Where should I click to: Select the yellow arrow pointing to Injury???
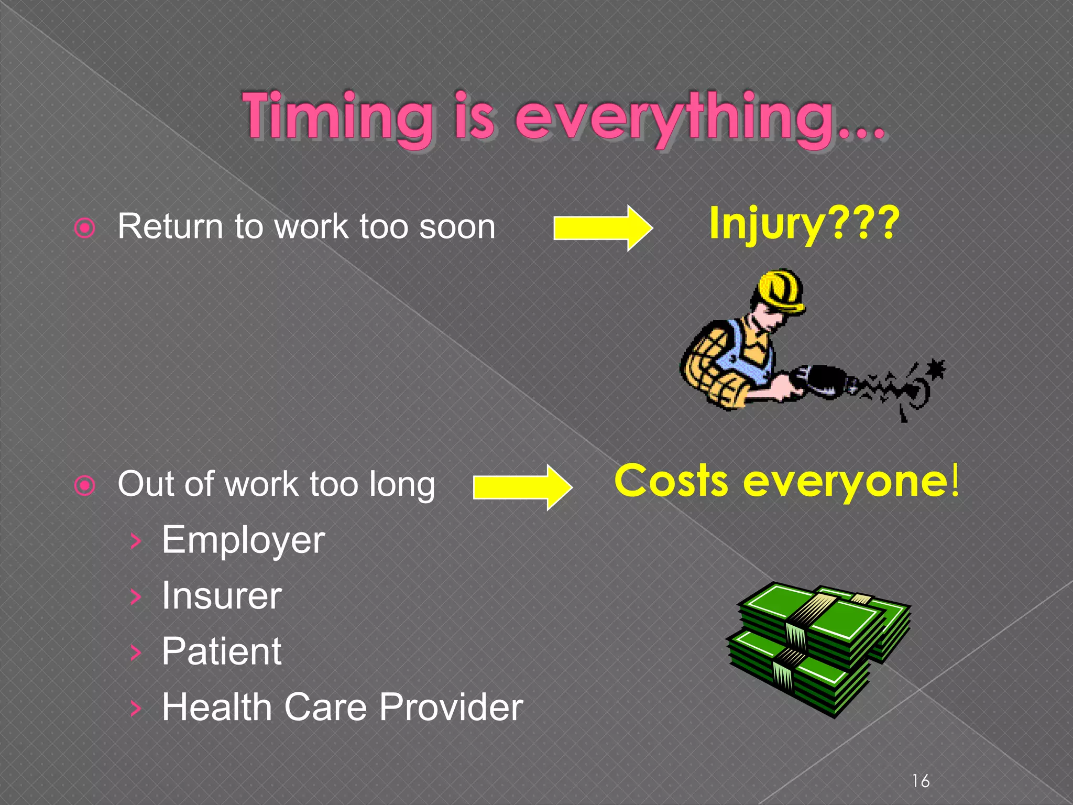tap(603, 228)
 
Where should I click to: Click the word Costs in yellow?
tap(671, 481)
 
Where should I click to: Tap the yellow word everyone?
tap(846, 482)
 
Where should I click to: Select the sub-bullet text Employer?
tap(243, 540)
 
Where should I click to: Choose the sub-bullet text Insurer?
tap(222, 596)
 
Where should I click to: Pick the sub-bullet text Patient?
tap(222, 651)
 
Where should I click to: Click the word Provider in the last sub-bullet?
tap(451, 707)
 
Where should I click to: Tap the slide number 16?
tap(921, 781)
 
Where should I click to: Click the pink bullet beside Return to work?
tap(85, 228)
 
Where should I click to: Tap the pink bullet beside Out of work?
tap(85, 486)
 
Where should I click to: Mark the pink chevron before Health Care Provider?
tap(136, 708)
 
